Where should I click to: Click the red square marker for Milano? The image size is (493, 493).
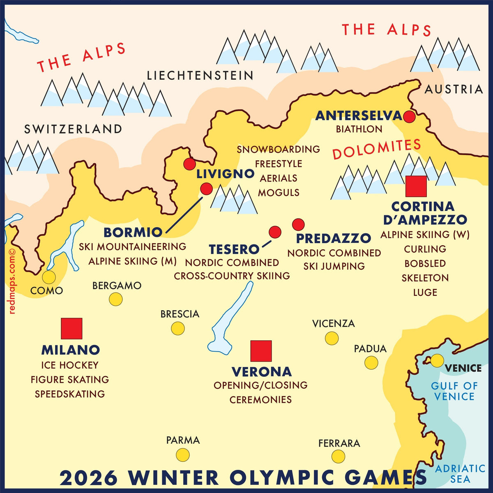(71, 328)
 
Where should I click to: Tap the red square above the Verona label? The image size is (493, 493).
(261, 351)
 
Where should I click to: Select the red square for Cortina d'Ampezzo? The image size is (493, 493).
(416, 186)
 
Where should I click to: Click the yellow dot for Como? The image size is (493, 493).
(49, 277)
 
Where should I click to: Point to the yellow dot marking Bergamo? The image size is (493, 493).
(116, 299)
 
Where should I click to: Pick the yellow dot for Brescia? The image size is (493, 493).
(178, 328)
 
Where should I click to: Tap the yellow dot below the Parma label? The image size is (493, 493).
(183, 455)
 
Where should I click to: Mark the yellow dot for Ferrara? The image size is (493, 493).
(338, 456)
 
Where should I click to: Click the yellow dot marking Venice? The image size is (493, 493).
(437, 360)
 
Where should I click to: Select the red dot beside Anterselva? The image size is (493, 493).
(409, 117)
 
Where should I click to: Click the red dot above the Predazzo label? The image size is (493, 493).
(298, 225)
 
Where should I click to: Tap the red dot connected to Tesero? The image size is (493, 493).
(275, 232)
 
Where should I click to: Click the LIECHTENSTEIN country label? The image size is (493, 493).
(200, 76)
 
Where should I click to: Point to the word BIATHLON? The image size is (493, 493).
(359, 129)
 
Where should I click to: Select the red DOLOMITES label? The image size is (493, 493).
(376, 149)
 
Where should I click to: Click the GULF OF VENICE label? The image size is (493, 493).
(454, 391)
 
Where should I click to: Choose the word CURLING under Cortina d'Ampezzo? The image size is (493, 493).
(425, 249)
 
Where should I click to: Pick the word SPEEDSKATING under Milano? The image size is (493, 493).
(70, 394)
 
